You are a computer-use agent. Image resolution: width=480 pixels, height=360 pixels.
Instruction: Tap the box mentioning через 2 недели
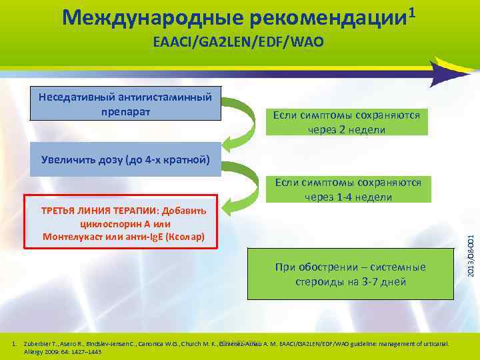point(346,122)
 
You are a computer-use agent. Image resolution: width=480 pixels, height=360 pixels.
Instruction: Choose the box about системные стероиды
point(350,274)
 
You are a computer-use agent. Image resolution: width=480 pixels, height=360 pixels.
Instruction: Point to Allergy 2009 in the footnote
point(44,351)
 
